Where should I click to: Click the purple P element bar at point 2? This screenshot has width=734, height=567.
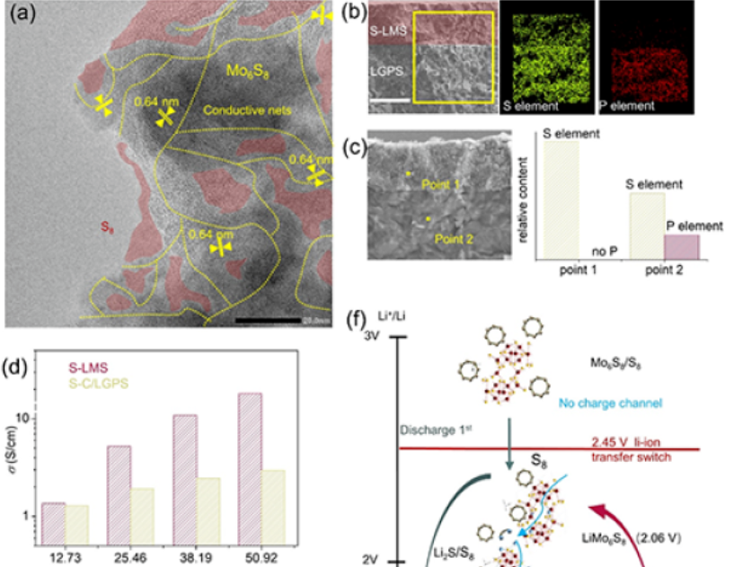click(680, 246)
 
